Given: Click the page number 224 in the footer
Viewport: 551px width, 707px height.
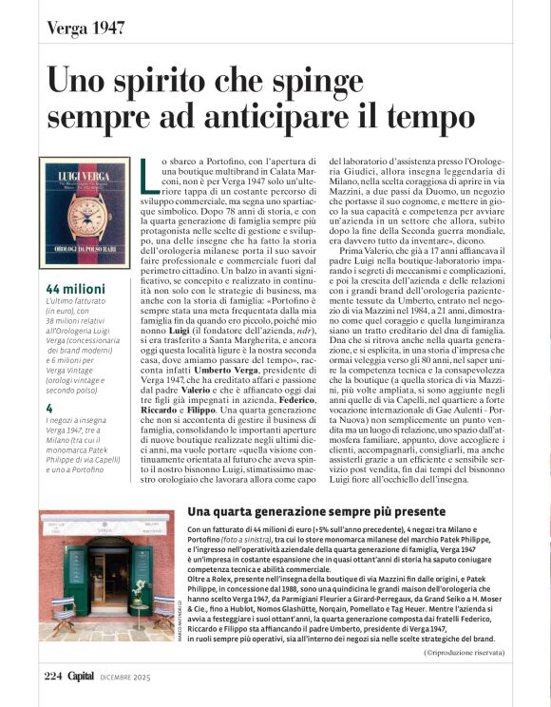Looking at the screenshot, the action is coord(52,676).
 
